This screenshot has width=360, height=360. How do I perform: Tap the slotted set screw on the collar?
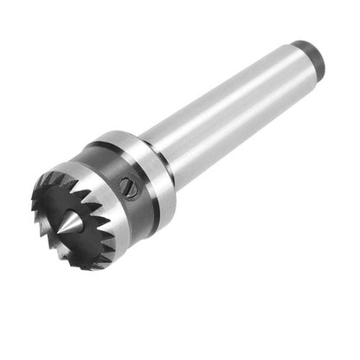pyautogui.click(x=131, y=187)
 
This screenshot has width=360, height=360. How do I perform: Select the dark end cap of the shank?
pyautogui.click(x=310, y=55)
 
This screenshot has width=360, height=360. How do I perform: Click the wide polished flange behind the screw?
pyautogui.click(x=152, y=169)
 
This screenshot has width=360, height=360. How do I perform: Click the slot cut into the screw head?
pyautogui.click(x=131, y=187)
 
